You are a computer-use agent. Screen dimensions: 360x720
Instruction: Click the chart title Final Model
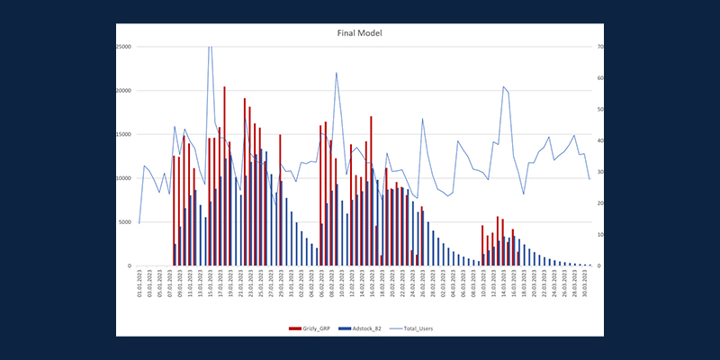tap(359, 33)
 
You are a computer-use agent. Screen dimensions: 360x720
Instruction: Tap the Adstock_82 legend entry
tap(363, 328)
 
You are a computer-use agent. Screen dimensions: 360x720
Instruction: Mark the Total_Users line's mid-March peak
tap(504, 86)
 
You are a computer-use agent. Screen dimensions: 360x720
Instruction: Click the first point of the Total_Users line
tap(139, 222)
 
